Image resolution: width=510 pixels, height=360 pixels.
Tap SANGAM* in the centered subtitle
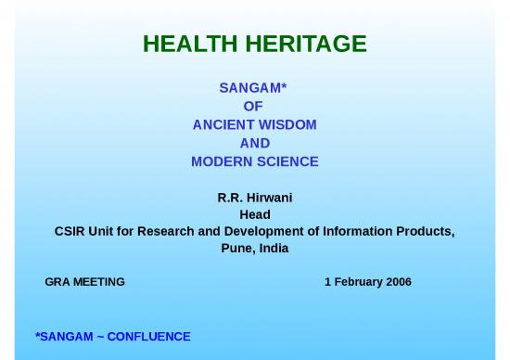coord(253,89)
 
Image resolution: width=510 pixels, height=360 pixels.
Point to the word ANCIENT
coord(222,124)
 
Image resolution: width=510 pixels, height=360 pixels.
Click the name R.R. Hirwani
coord(254,198)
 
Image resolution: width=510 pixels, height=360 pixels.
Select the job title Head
coord(254,214)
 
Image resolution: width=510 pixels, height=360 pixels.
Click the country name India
coord(274,249)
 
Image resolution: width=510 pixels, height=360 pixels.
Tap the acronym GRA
coord(57,282)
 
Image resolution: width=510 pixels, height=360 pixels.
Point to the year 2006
coord(398,282)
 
